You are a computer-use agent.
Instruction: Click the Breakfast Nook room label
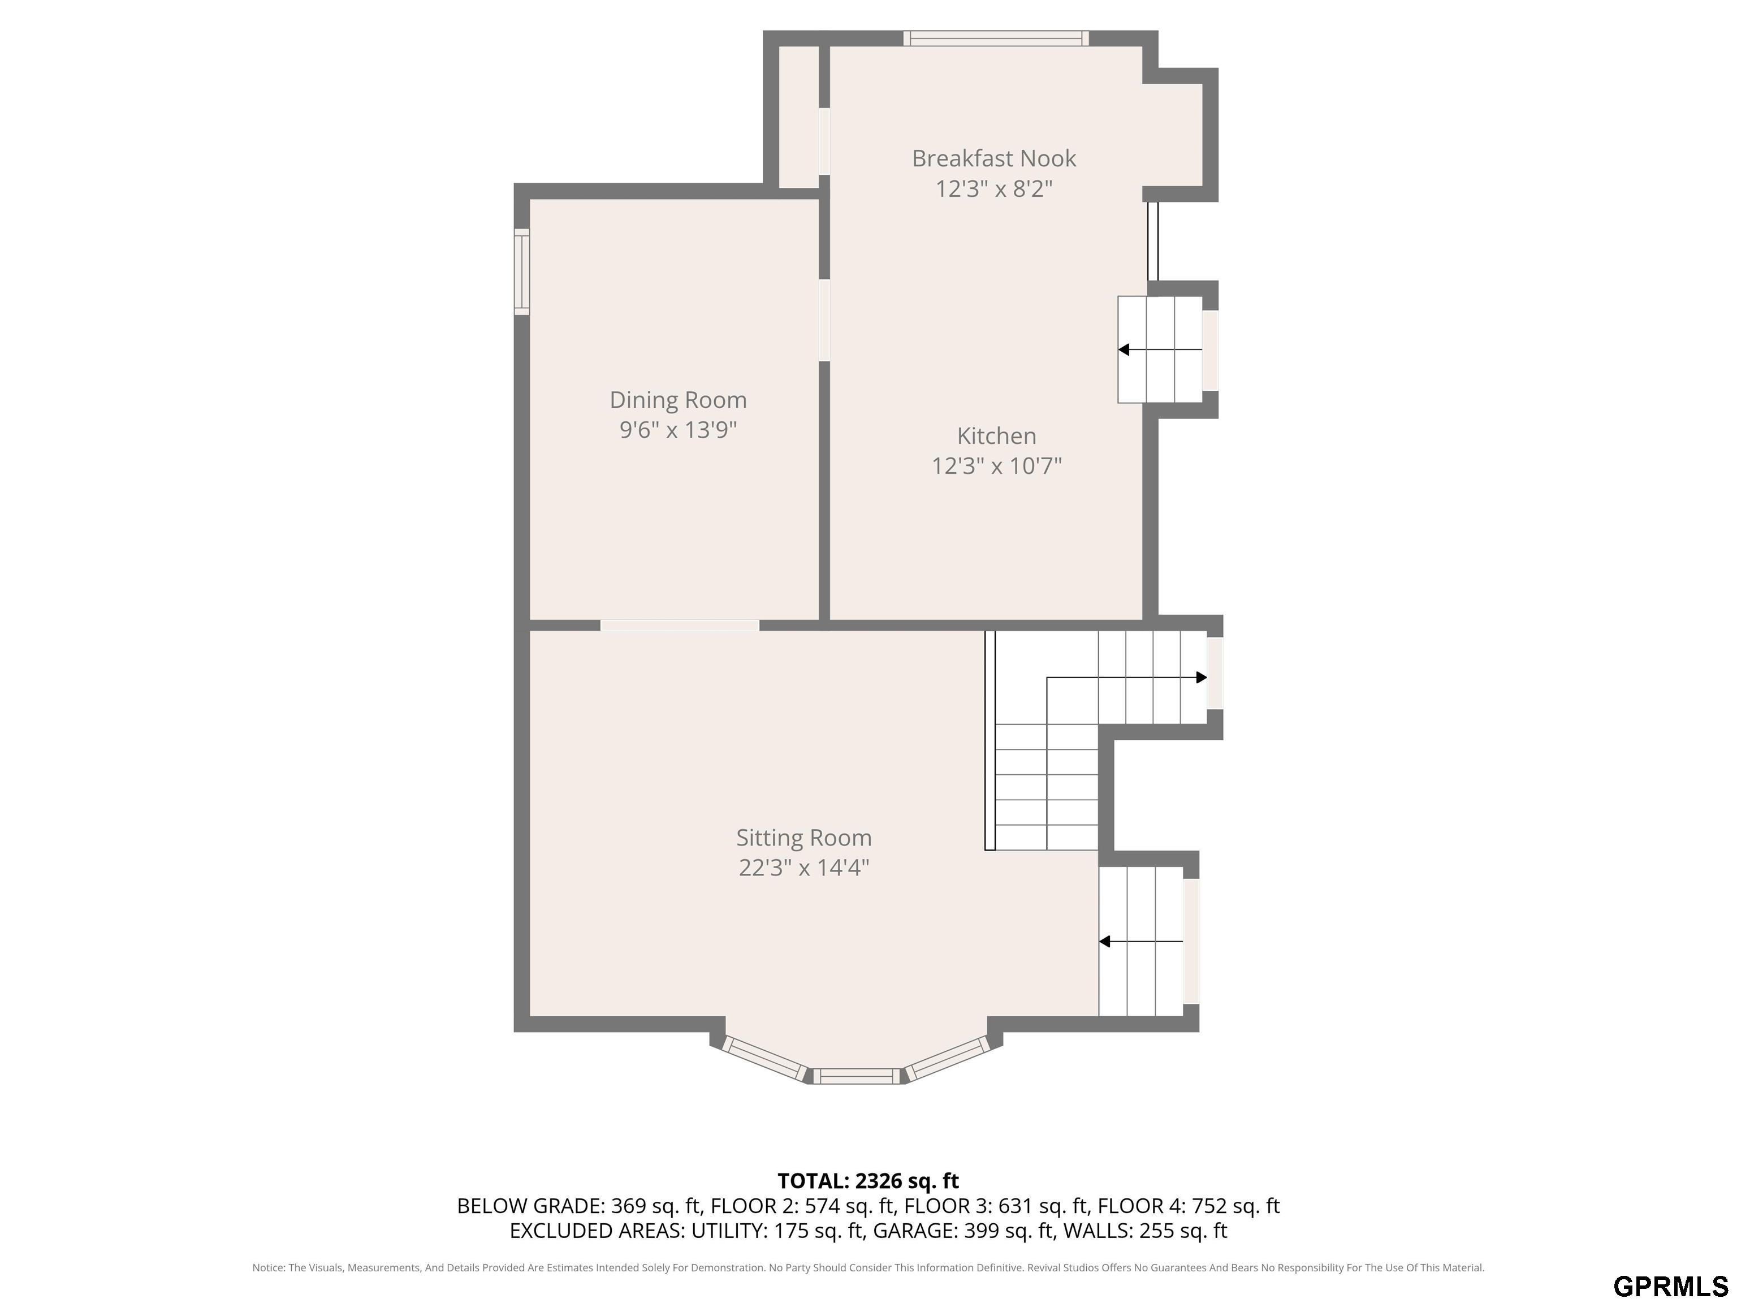pyautogui.click(x=993, y=159)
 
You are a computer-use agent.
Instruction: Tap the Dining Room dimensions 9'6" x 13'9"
pyautogui.click(x=679, y=430)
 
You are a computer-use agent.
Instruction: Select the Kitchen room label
pyautogui.click(x=996, y=436)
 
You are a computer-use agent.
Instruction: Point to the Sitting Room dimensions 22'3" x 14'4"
pyautogui.click(x=804, y=868)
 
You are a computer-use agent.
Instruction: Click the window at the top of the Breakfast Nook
pyautogui.click(x=996, y=38)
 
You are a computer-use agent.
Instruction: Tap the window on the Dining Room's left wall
pyautogui.click(x=521, y=272)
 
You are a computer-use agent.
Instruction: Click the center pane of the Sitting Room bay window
pyautogui.click(x=856, y=1076)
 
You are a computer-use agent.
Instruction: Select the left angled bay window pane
pyautogui.click(x=765, y=1059)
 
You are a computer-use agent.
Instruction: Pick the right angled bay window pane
pyautogui.click(x=948, y=1059)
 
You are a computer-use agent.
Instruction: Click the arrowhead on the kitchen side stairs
pyautogui.click(x=1124, y=350)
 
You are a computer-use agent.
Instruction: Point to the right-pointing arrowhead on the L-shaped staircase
pyautogui.click(x=1202, y=677)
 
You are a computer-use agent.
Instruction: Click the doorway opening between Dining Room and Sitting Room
pyautogui.click(x=680, y=625)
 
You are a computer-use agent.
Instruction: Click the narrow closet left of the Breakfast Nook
pyautogui.click(x=798, y=117)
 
